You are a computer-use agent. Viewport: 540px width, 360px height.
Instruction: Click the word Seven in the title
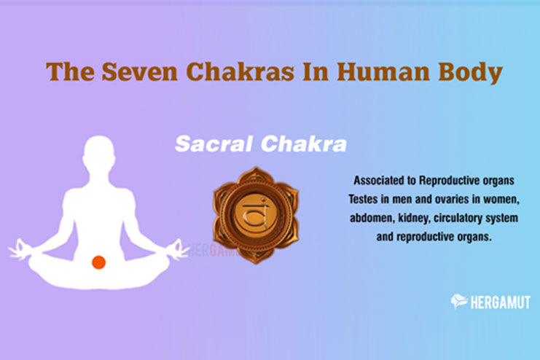(x=139, y=71)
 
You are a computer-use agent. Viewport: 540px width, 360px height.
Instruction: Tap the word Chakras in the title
(x=240, y=71)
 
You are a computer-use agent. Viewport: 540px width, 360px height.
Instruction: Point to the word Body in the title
(x=470, y=73)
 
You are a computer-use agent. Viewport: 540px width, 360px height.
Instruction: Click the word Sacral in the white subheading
(x=214, y=144)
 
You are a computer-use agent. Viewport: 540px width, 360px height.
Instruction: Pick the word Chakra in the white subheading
(x=303, y=144)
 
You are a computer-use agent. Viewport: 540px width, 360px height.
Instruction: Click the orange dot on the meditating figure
(x=98, y=262)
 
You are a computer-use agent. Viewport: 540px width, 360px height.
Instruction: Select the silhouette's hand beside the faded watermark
(x=178, y=249)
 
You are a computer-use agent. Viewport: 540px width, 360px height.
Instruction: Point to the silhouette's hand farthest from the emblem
(x=20, y=249)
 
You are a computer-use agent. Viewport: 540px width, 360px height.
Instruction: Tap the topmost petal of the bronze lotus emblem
(x=256, y=175)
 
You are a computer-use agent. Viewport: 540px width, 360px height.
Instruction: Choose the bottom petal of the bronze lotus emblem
(x=256, y=255)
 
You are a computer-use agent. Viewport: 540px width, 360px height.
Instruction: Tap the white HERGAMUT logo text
(x=501, y=302)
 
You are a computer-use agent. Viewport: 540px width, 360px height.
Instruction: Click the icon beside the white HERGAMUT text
(x=459, y=302)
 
